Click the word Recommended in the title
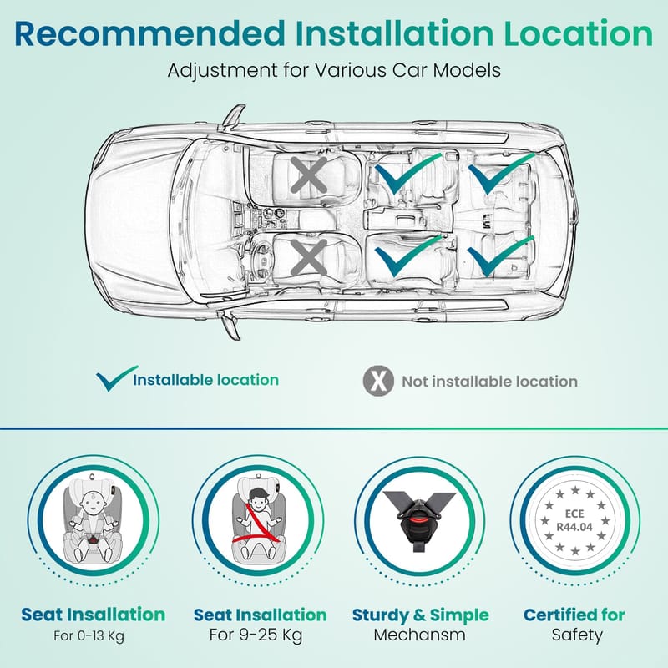pos(149,33)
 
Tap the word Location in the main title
pos(578,33)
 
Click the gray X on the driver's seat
pos(309,257)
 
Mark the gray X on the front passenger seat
pos(309,175)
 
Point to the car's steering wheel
pos(261,261)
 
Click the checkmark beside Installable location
pos(116,378)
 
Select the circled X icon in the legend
pos(378,381)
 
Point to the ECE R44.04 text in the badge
pos(574,520)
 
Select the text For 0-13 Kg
pos(89,636)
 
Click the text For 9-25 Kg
pos(256,635)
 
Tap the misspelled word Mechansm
pos(420,635)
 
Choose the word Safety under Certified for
pos(577,635)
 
